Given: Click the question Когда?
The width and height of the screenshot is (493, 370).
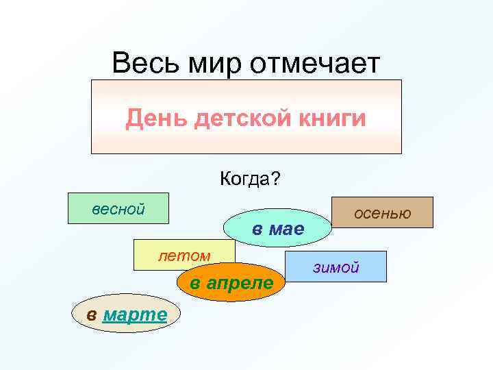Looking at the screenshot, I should point(250,180).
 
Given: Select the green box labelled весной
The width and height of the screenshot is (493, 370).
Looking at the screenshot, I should point(118,209).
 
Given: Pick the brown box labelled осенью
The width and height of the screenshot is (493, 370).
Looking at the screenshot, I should point(382,212).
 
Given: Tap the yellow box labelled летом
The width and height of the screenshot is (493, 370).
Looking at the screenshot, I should point(184,256).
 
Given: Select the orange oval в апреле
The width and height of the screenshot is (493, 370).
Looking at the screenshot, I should point(231,282).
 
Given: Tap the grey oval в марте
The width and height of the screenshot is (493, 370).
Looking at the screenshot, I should point(126,314).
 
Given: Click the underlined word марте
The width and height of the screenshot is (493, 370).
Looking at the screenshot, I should point(134,314).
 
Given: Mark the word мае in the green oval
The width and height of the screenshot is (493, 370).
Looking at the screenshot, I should point(286,229).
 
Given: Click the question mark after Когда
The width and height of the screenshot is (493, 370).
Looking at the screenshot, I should point(275,180).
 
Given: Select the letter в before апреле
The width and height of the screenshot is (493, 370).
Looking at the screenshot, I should point(195,282).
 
